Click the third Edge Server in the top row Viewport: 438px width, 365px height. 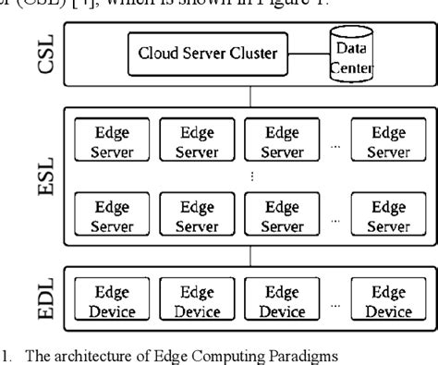click(282, 140)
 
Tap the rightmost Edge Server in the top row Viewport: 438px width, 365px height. click(388, 140)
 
